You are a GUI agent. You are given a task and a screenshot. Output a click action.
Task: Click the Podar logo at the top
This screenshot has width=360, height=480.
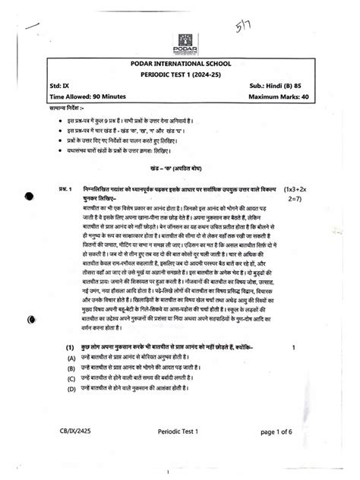(186, 43)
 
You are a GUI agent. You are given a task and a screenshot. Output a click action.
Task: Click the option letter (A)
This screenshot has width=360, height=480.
(71, 356)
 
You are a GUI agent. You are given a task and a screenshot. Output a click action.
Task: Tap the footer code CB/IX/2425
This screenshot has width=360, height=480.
(74, 432)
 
